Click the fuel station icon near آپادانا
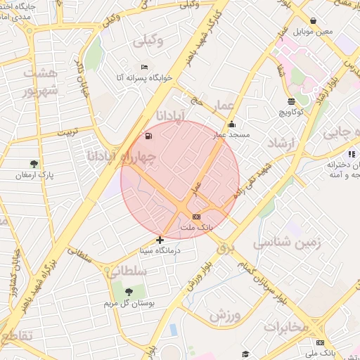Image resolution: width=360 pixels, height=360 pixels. point(148,136)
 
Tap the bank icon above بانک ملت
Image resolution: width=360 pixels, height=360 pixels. point(196,217)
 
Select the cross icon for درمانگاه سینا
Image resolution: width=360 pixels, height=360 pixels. point(160,240)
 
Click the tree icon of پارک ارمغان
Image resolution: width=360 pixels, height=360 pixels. point(34,163)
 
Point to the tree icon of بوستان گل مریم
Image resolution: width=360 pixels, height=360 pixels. point(128,292)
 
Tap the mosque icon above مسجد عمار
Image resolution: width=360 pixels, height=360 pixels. point(231,124)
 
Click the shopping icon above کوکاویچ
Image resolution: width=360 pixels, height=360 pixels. point(291,102)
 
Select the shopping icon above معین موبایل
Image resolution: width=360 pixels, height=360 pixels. point(313,21)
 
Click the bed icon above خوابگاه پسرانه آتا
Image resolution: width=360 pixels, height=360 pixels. point(144,67)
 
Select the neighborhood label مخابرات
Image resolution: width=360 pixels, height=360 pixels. point(286,326)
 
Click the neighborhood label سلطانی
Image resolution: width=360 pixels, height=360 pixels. point(129,270)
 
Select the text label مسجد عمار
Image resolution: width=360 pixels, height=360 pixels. point(231,134)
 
